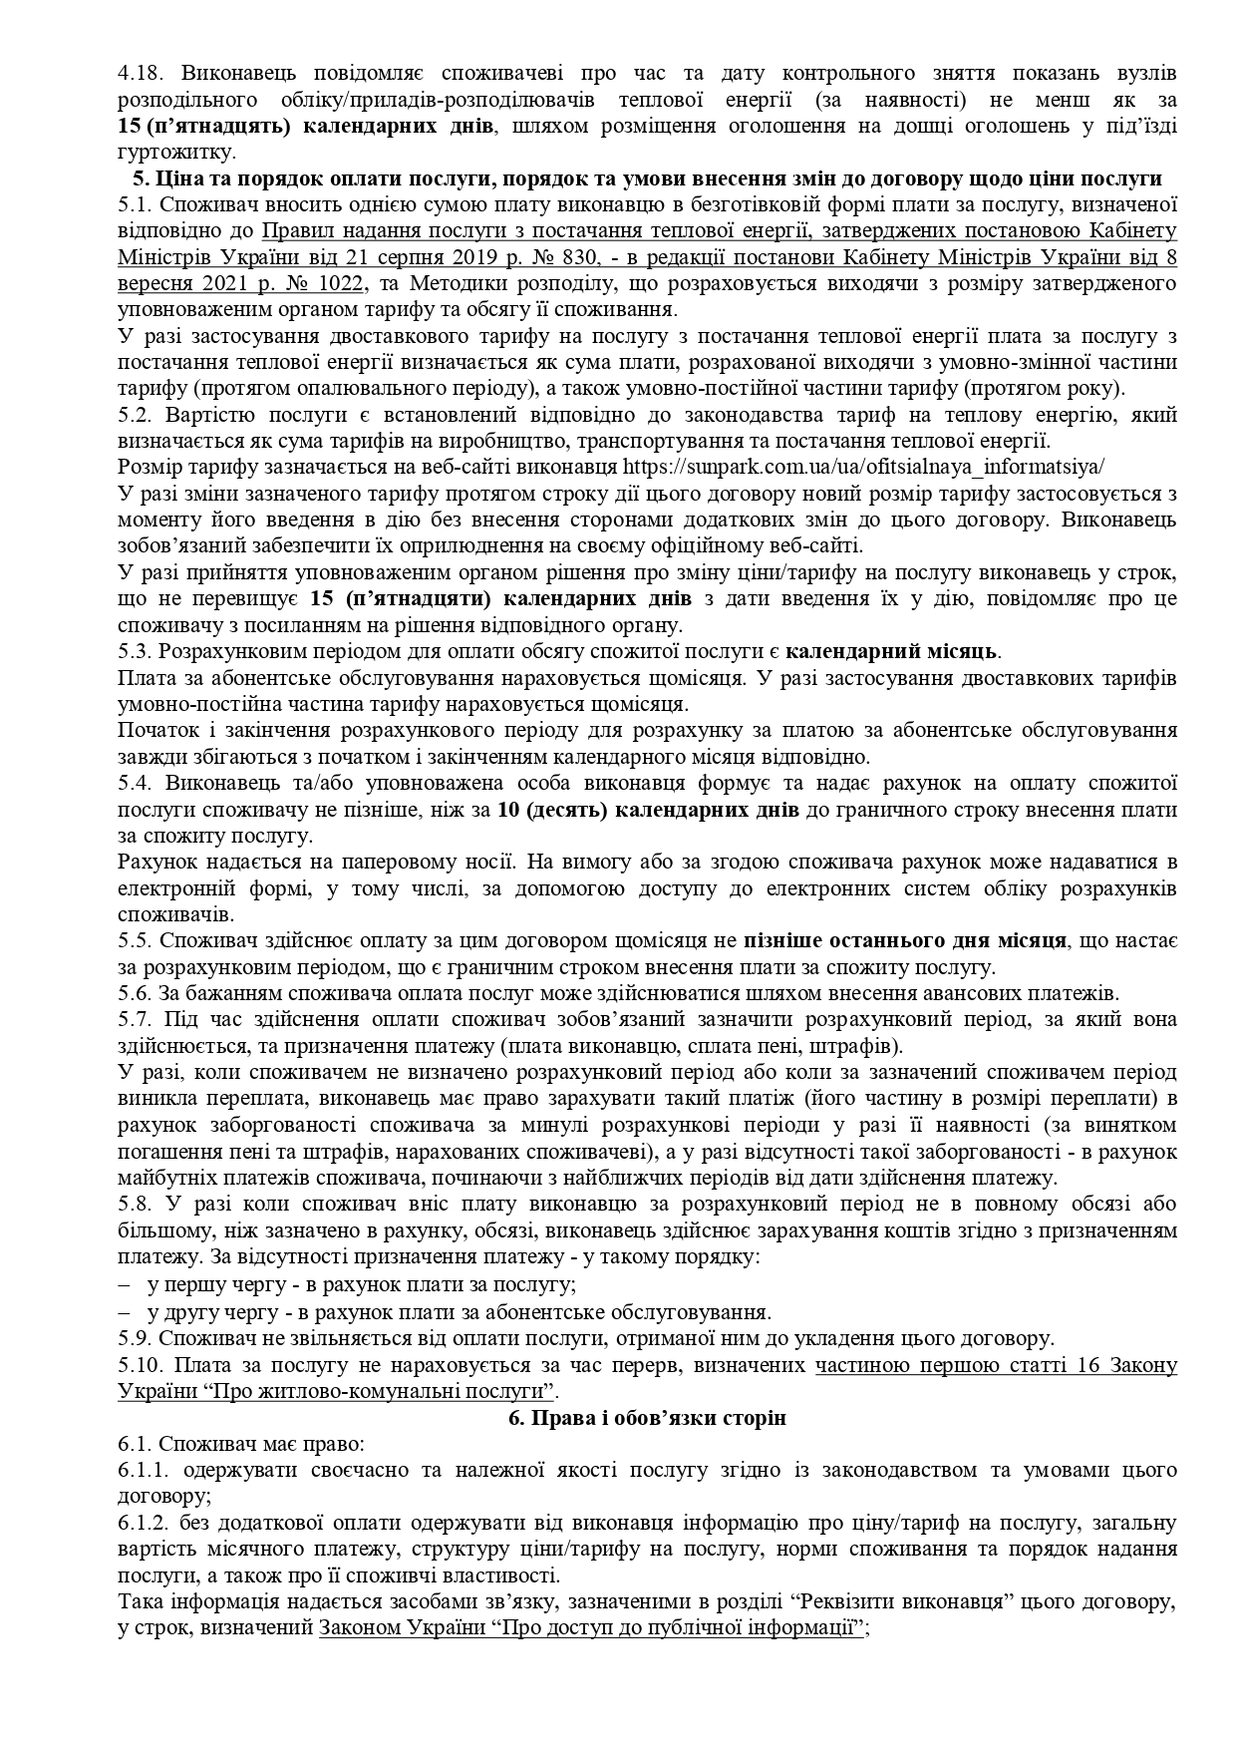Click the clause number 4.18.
(136, 75)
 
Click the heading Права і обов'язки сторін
(647, 1417)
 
